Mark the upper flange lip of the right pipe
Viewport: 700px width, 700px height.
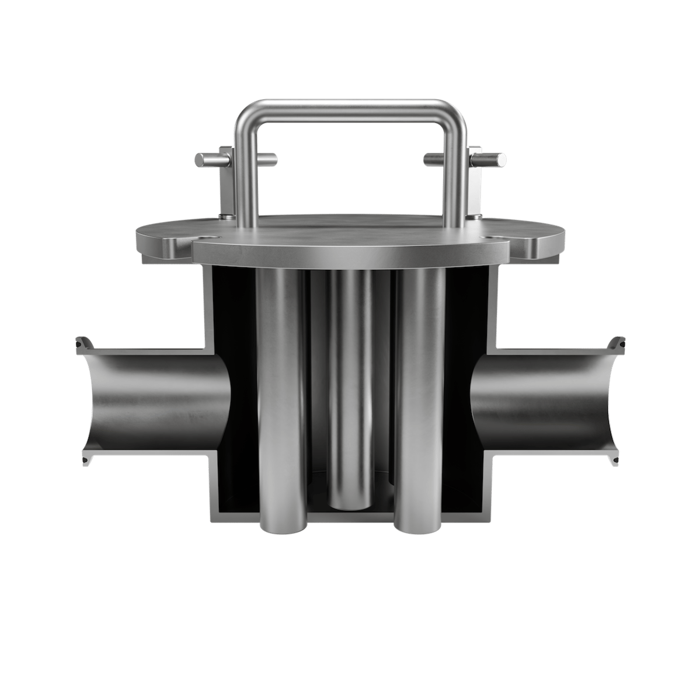pyautogui.click(x=616, y=345)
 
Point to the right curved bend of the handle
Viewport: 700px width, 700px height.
pyautogui.click(x=458, y=117)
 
